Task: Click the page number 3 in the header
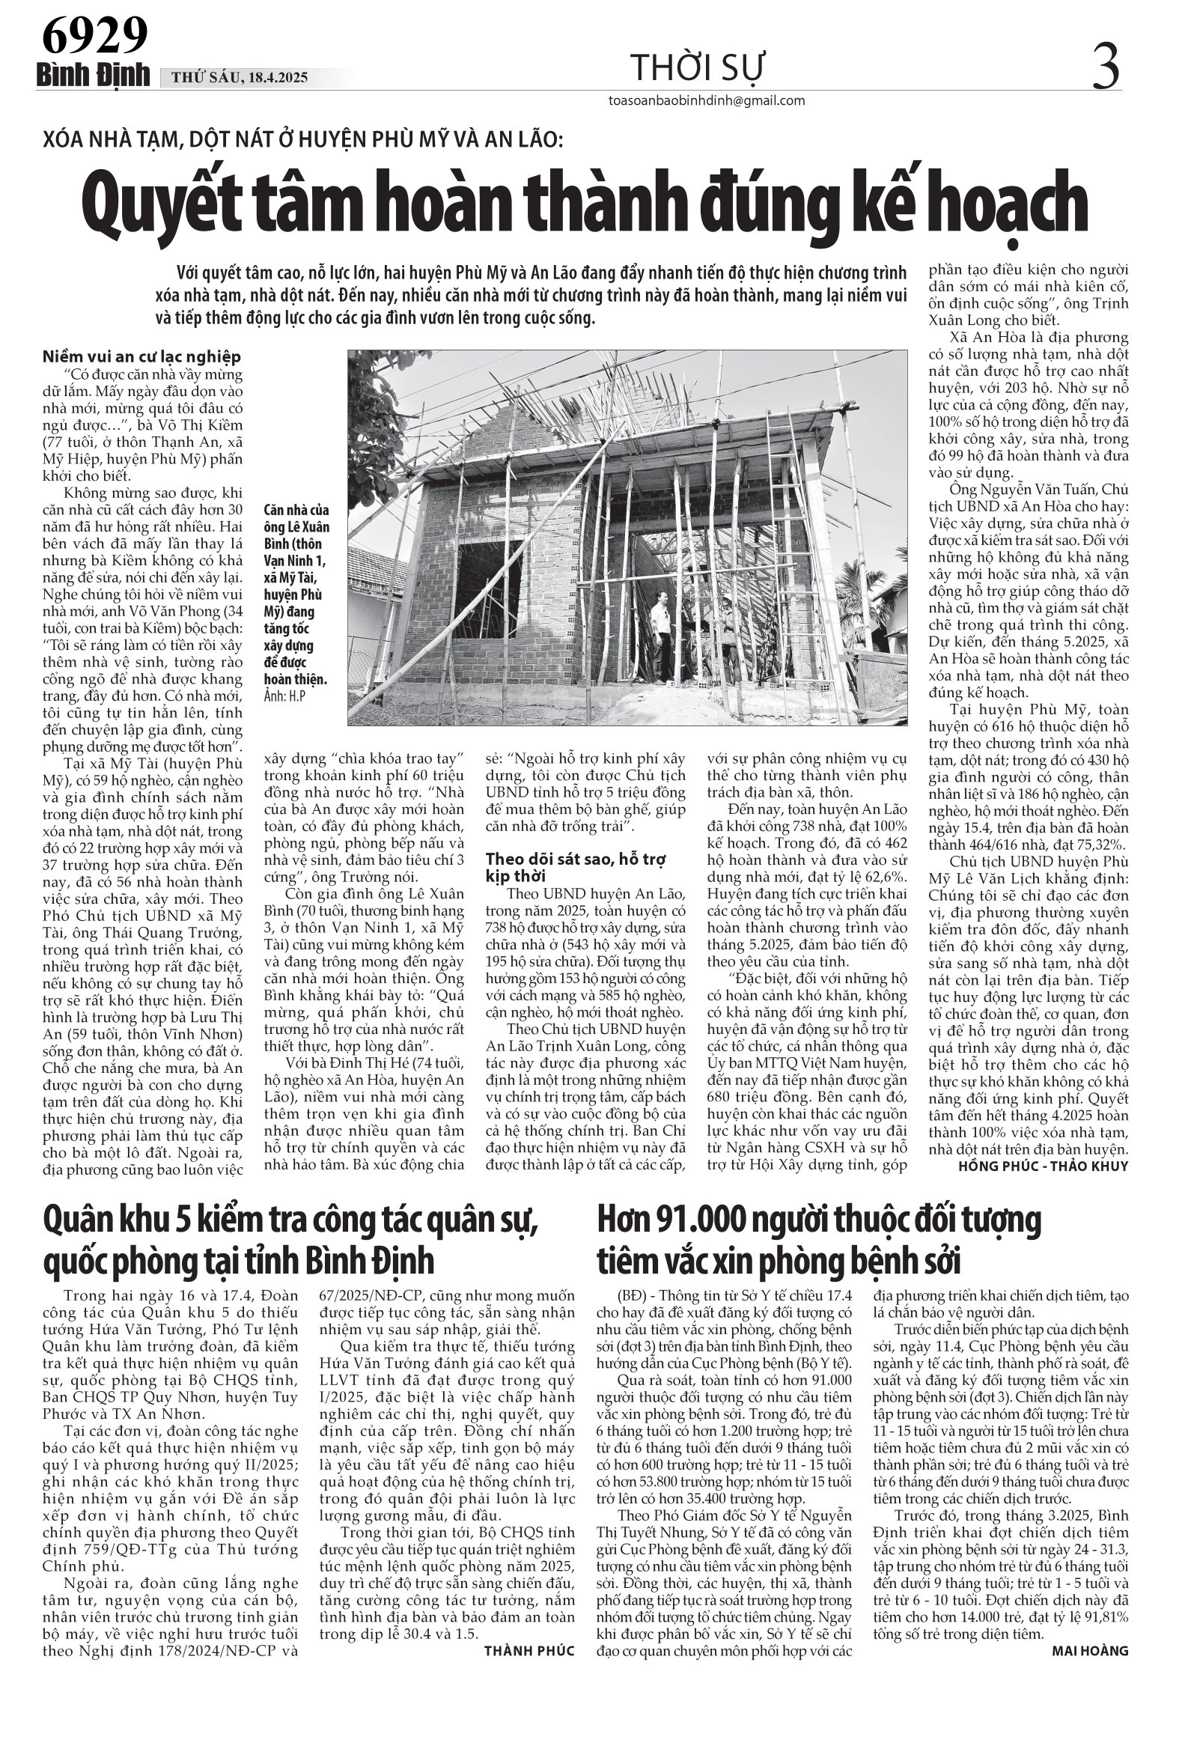click(1106, 64)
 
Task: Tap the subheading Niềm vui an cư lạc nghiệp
click(141, 357)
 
